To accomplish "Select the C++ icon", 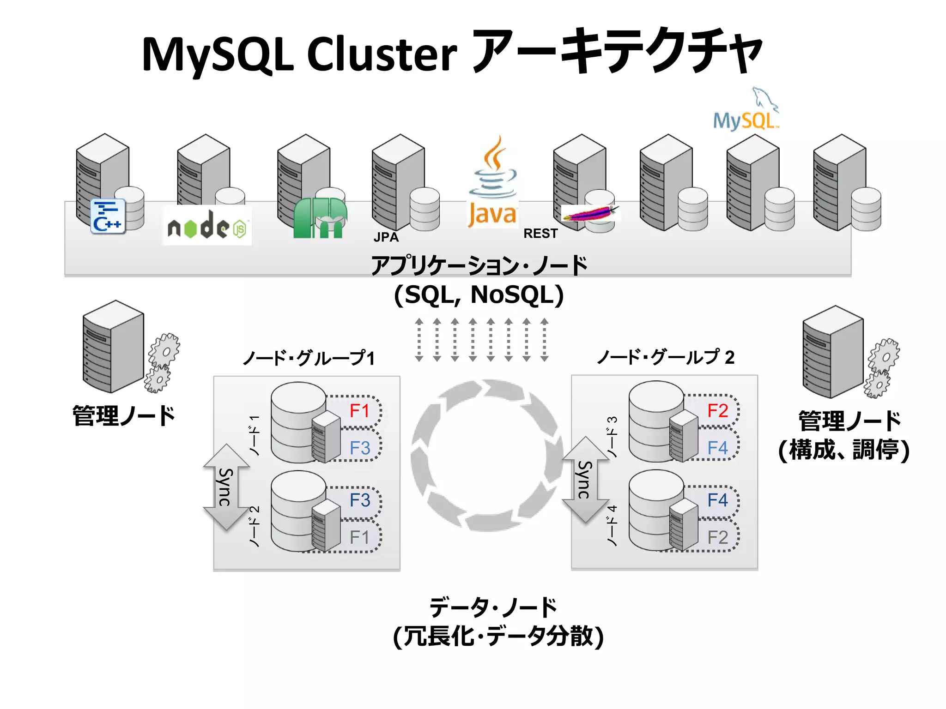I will click(108, 216).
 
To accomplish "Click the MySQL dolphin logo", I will click(746, 111).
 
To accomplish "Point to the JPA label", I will click(386, 237).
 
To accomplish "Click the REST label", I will click(540, 234).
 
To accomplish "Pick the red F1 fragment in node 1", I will click(359, 410).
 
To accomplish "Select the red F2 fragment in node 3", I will click(717, 410).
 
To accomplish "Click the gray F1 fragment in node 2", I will click(359, 537).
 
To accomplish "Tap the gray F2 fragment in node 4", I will click(717, 537).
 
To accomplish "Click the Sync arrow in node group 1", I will click(226, 487).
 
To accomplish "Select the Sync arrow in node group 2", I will click(585, 480).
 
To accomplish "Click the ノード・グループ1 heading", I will click(309, 358).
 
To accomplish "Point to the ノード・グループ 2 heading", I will click(665, 357).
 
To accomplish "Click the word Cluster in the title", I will click(382, 54).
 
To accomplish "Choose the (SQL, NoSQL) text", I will click(479, 295).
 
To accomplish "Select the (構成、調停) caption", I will click(843, 450).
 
